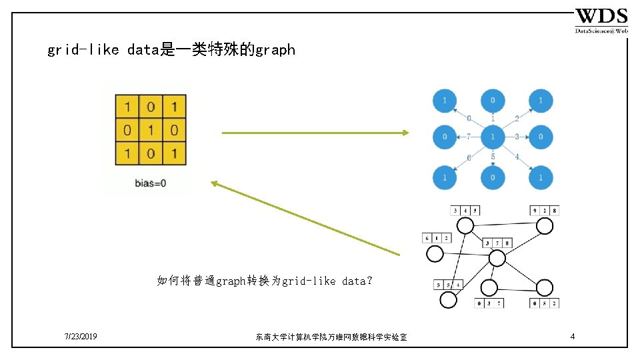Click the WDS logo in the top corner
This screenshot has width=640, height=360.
coord(601,20)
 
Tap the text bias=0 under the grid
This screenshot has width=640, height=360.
coord(150,183)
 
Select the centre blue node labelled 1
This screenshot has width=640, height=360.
coord(492,137)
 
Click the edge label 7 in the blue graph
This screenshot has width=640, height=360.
coord(469,137)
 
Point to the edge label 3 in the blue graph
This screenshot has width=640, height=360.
coord(517,137)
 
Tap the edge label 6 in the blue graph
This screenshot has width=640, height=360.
coord(469,157)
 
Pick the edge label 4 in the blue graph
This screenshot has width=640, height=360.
coord(516,157)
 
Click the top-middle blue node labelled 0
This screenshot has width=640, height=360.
coord(492,101)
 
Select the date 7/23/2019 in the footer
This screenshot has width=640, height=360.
coord(81,337)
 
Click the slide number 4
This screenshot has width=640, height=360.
coord(573,337)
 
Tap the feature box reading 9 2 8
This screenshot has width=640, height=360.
coord(545,211)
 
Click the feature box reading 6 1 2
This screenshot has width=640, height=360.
coord(436,238)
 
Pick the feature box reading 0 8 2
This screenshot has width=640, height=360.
coord(545,303)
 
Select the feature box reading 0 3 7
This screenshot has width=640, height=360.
coord(489,303)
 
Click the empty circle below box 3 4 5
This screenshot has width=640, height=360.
coord(465,227)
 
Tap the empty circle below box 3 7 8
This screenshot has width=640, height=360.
coord(497,259)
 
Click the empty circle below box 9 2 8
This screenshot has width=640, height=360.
coord(545,227)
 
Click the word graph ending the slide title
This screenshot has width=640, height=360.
coord(275,50)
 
